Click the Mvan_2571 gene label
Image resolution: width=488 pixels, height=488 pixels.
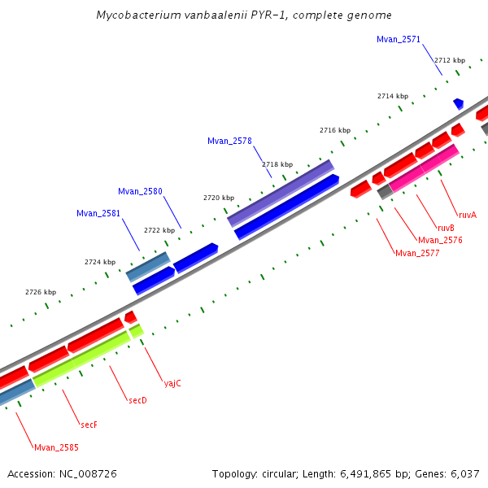point(399,39)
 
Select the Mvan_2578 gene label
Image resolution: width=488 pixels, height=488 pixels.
point(229,141)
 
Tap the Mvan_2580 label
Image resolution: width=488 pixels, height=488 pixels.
point(140,191)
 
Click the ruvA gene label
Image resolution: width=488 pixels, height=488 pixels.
point(467,215)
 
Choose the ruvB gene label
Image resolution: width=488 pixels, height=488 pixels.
point(446,228)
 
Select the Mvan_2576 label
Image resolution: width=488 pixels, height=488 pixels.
point(440,240)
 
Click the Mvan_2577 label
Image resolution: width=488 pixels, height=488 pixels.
point(417,253)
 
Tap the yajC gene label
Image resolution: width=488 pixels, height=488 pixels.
point(172,382)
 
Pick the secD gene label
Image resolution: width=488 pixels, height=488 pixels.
point(137,400)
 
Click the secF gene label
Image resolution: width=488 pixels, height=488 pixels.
point(89,425)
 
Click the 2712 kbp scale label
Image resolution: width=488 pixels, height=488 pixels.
point(449,60)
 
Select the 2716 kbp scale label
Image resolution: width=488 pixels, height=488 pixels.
point(334,130)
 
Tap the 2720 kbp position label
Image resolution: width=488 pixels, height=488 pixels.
point(218,198)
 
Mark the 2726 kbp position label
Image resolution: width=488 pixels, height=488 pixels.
point(41,292)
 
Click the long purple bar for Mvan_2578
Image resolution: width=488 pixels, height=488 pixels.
point(281,193)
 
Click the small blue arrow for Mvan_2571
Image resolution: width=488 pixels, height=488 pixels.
point(459,103)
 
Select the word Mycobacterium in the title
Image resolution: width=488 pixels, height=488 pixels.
point(132,15)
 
